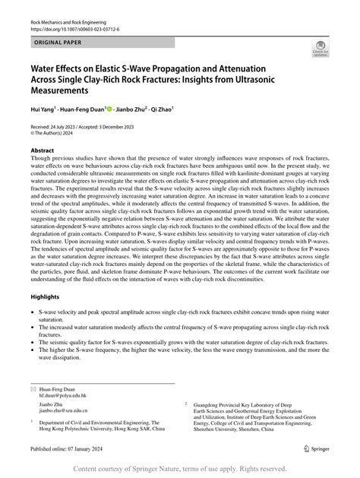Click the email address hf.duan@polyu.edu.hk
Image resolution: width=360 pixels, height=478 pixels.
click(66, 394)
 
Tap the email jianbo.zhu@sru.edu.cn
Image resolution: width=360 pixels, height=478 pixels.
click(68, 410)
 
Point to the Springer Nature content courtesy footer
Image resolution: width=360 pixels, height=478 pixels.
click(179, 468)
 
